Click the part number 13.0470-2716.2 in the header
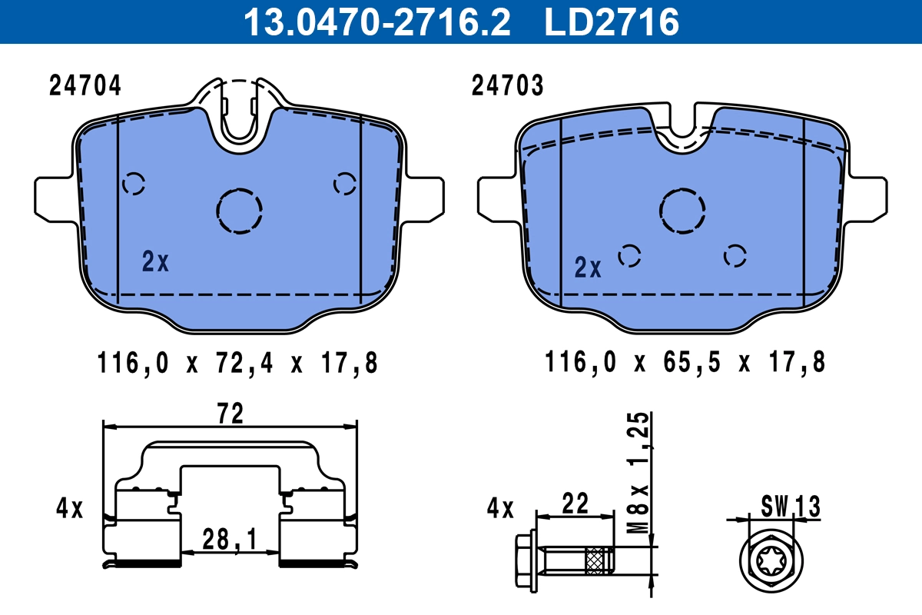click(376, 22)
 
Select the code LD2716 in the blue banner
click(612, 22)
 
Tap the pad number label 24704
click(85, 86)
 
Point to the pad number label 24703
click(507, 86)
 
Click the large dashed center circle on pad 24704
click(240, 210)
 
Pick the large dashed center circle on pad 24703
click(682, 210)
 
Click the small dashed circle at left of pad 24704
click(134, 184)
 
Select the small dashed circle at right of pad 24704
click(344, 184)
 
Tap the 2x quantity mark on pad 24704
click(155, 262)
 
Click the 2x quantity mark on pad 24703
click(588, 268)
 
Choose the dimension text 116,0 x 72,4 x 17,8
click(238, 362)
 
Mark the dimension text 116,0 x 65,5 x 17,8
click(685, 362)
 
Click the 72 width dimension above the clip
click(230, 414)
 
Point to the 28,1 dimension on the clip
click(230, 539)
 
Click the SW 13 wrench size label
click(791, 507)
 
